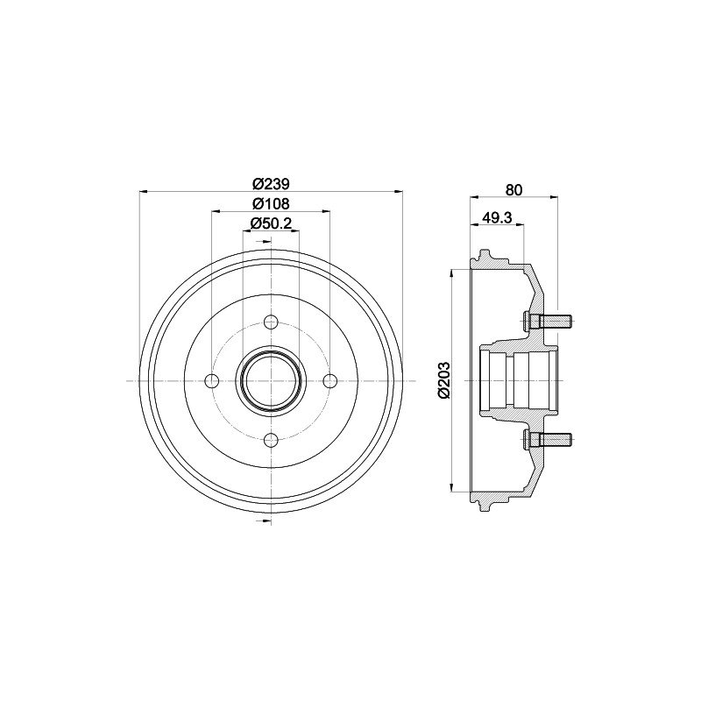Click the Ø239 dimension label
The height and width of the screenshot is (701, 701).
[271, 184]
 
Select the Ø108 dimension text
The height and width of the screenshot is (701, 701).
[271, 204]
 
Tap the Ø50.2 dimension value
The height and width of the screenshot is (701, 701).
[271, 223]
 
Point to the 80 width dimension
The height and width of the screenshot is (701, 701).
[513, 190]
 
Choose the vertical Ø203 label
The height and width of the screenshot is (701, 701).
[444, 379]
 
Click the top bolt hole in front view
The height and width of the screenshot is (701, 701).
[271, 322]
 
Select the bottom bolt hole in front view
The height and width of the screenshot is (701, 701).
[271, 440]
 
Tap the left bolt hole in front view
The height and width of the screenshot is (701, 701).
[212, 381]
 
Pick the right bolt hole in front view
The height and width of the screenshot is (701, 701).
[330, 381]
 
